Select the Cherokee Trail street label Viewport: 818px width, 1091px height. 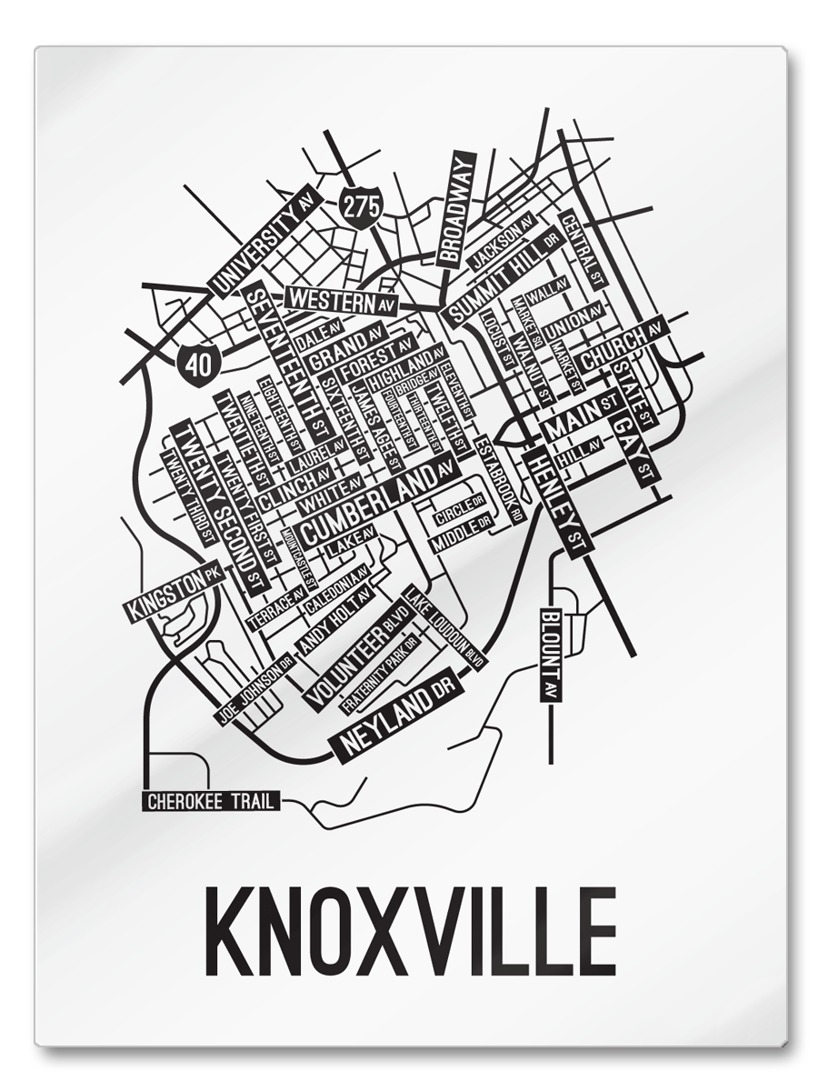(212, 801)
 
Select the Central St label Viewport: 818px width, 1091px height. (583, 249)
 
